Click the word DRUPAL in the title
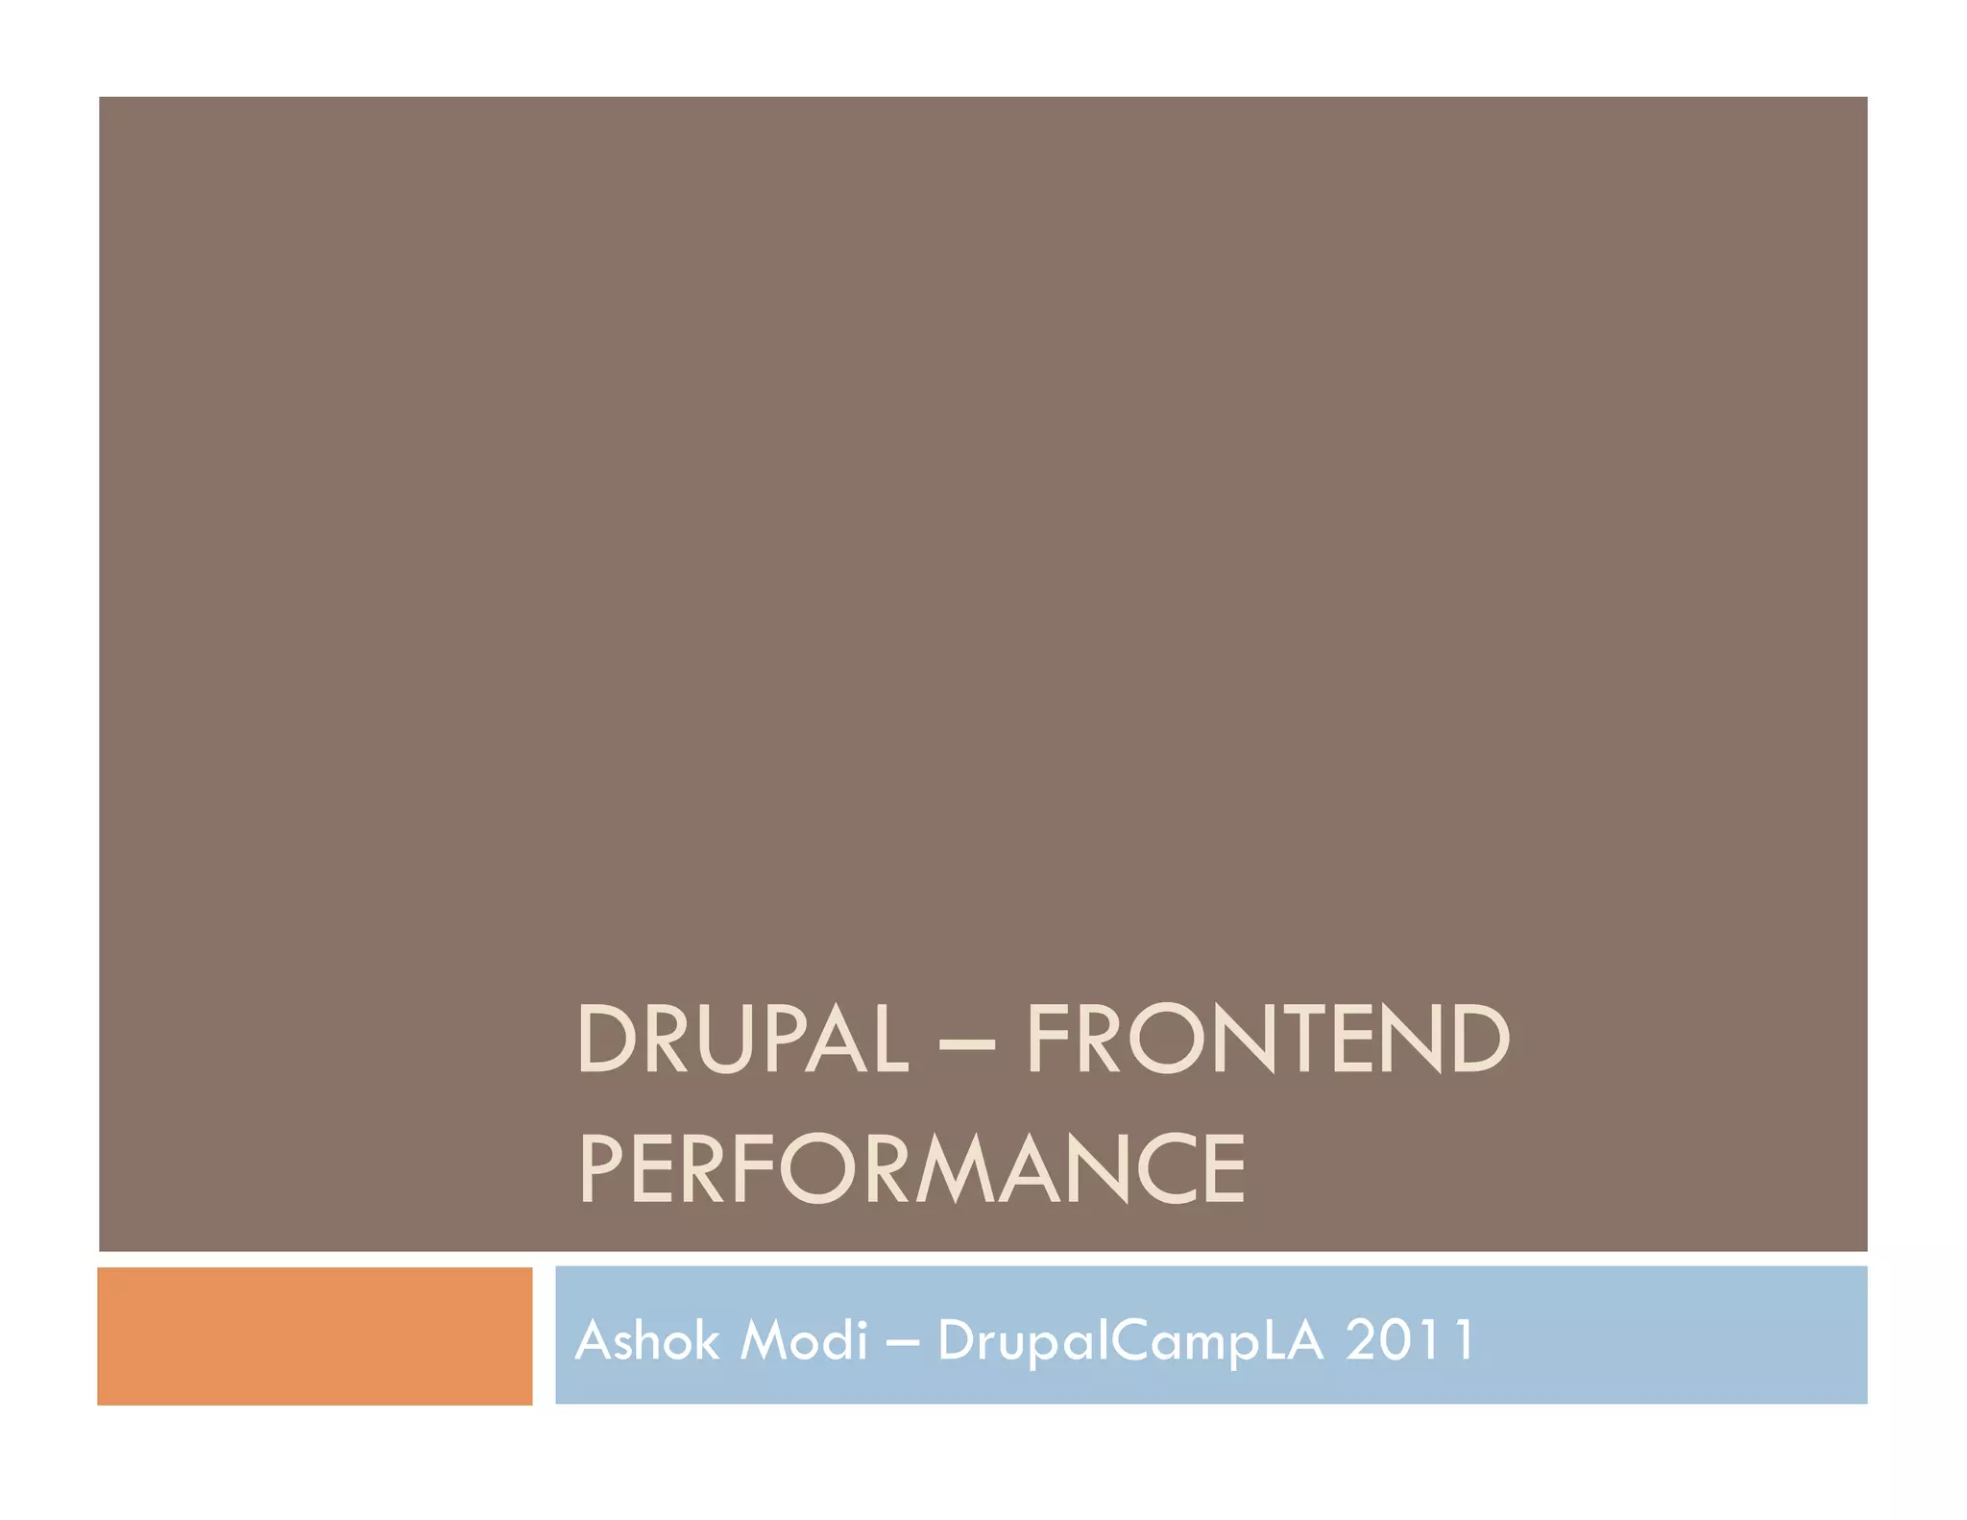click(x=742, y=1039)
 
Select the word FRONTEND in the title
click(x=1268, y=1039)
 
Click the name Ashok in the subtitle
click(x=646, y=1339)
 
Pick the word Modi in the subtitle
click(x=804, y=1339)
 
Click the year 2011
click(x=1409, y=1339)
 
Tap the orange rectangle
click(x=315, y=1336)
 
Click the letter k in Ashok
click(x=705, y=1339)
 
